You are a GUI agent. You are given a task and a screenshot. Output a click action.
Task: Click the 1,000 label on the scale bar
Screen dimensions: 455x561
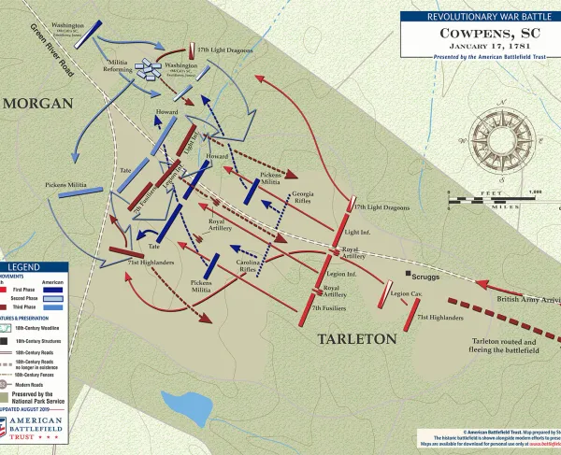536,192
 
